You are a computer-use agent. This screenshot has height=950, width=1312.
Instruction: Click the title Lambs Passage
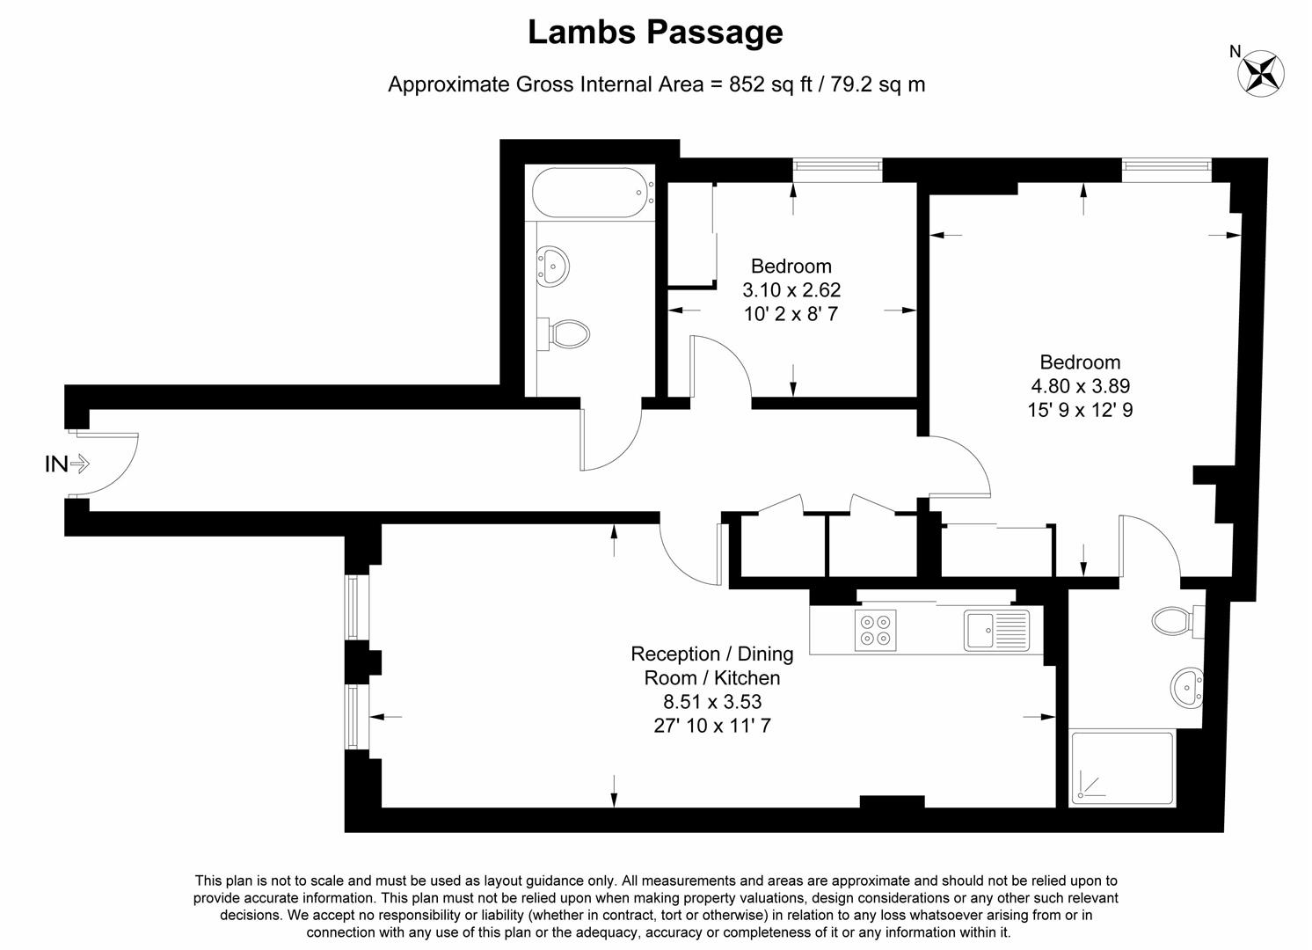tap(655, 33)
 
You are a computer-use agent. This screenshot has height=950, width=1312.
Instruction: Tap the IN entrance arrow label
tap(67, 464)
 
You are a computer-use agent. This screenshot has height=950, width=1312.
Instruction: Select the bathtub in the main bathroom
tap(592, 193)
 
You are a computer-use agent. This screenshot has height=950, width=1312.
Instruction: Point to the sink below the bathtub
tap(553, 264)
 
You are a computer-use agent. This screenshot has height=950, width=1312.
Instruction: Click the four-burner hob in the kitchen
tap(876, 630)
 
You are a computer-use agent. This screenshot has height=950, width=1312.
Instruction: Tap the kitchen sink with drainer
tap(995, 630)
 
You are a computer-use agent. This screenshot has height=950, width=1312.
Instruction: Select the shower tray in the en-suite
tap(1121, 768)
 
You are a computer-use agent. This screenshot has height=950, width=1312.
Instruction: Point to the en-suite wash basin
tap(1187, 685)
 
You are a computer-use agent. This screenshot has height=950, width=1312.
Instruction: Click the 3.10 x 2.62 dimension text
tap(791, 289)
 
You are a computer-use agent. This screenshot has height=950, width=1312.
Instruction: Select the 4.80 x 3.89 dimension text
tap(1080, 385)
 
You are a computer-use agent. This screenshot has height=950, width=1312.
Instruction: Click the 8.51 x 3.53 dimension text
tap(711, 702)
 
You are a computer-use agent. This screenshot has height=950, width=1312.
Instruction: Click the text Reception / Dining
tap(711, 654)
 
